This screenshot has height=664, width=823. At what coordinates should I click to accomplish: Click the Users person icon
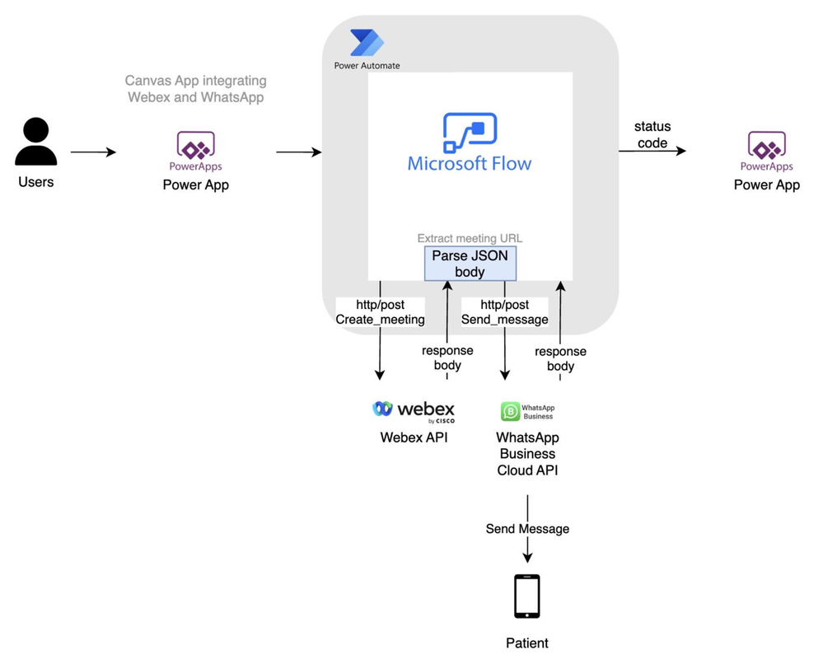click(35, 142)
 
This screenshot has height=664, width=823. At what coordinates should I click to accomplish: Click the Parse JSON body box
click(470, 264)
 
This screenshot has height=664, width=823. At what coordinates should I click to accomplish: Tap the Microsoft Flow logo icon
click(470, 133)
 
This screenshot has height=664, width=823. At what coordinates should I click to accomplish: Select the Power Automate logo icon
click(367, 43)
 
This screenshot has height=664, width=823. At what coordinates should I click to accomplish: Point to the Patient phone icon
click(527, 596)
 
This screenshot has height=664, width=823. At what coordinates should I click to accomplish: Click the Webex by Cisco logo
click(414, 409)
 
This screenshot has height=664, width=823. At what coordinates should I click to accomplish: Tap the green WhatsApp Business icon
click(511, 411)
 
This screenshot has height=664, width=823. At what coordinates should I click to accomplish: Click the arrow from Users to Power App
click(93, 152)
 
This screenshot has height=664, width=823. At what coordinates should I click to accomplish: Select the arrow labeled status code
click(652, 152)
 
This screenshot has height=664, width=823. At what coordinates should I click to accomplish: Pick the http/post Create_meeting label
click(380, 312)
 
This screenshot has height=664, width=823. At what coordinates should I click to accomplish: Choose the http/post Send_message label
click(504, 312)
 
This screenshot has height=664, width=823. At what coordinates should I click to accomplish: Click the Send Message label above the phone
click(527, 529)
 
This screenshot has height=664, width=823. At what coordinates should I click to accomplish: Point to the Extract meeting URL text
click(470, 239)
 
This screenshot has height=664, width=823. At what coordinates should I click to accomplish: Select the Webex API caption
click(414, 437)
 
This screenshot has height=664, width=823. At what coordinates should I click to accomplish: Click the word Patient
click(527, 643)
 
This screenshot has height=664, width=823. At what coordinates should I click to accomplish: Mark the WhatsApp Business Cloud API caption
click(527, 454)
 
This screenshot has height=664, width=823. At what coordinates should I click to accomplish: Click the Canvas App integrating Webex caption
click(195, 89)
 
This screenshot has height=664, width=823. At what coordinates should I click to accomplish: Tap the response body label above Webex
click(447, 358)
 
